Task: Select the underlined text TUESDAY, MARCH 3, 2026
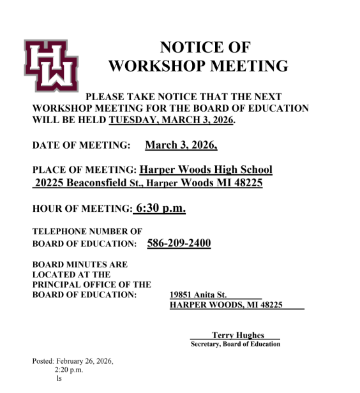pos(171,120)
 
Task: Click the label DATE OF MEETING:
pos(81,145)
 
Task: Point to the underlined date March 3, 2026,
pos(181,145)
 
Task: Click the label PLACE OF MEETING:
pos(84,170)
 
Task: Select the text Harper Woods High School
pos(206,170)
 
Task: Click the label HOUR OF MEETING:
pos(82,209)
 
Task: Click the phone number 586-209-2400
pos(179,243)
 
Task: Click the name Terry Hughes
pos(237,335)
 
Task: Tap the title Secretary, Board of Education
pos(235,345)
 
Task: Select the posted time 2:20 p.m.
pos(69,370)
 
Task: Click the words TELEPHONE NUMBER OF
pos(87,232)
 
